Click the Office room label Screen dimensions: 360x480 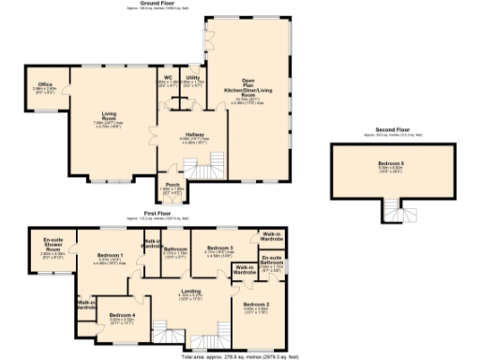click(x=45, y=87)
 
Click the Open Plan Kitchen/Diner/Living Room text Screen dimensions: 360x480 click(x=248, y=90)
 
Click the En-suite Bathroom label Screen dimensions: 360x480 click(x=272, y=262)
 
